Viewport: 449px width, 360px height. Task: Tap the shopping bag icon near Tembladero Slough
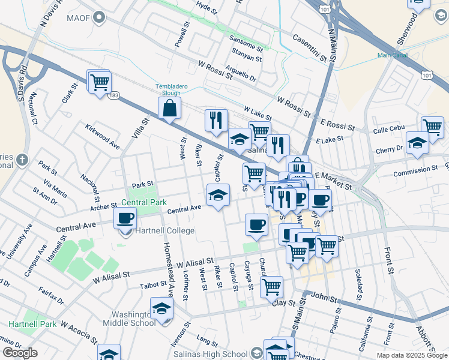click(x=170, y=108)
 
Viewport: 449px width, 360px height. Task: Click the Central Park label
click(x=144, y=203)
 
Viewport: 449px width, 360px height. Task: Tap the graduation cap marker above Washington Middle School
click(x=161, y=309)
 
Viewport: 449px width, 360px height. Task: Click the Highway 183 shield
click(x=115, y=95)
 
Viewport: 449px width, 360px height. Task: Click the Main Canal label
click(x=392, y=55)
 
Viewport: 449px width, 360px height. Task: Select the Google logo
click(x=20, y=353)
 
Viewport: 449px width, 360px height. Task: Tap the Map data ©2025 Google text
click(x=412, y=355)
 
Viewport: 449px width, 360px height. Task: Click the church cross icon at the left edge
click(x=22, y=160)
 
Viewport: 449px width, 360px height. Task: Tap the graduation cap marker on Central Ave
click(x=218, y=194)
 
